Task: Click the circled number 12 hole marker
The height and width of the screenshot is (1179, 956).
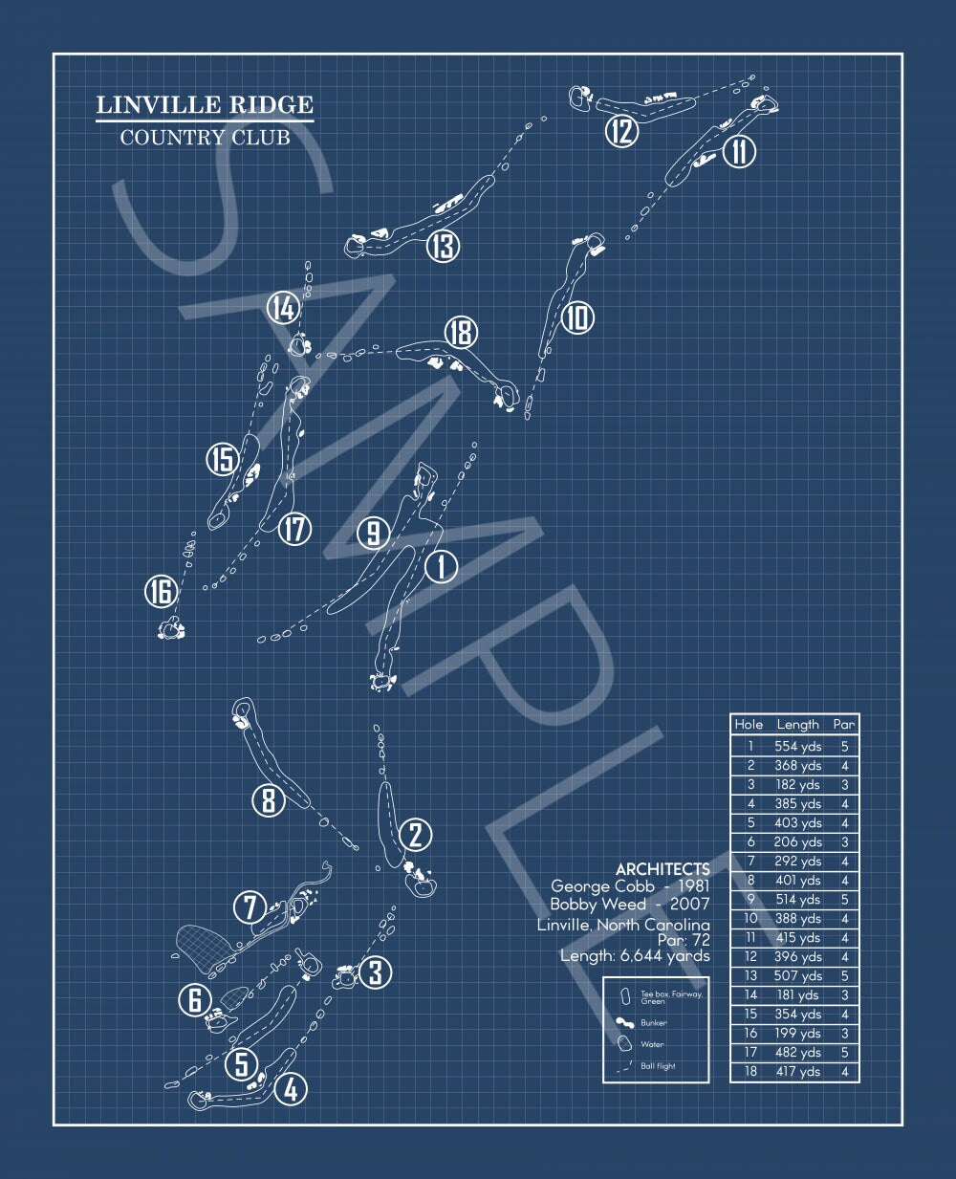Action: pos(621,131)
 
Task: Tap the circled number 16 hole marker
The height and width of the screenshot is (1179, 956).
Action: pos(161,591)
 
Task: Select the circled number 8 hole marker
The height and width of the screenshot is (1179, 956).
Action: pos(269,800)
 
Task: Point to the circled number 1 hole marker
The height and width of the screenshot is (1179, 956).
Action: pos(441,566)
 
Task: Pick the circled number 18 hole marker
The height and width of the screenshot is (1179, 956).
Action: pos(462,332)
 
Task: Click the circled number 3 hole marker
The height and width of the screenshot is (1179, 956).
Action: pos(375,972)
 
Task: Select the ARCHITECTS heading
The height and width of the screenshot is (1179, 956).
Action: pos(663,869)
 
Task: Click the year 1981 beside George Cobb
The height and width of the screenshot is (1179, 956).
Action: pos(693,886)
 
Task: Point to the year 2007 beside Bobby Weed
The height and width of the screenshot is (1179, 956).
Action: pos(689,904)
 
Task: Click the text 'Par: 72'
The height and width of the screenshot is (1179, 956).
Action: pos(684,940)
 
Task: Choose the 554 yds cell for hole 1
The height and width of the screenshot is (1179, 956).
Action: pos(797,746)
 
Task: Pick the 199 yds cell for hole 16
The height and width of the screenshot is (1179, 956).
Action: pos(797,1033)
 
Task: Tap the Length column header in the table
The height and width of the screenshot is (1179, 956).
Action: pos(797,725)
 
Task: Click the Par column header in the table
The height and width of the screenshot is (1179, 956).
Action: pos(844,724)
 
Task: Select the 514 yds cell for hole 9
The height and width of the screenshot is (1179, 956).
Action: pos(797,900)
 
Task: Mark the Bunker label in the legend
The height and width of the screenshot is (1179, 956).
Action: pos(653,1023)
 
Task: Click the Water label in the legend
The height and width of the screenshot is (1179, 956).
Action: pos(652,1044)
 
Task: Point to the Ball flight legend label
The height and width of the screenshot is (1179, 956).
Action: pos(658,1066)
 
